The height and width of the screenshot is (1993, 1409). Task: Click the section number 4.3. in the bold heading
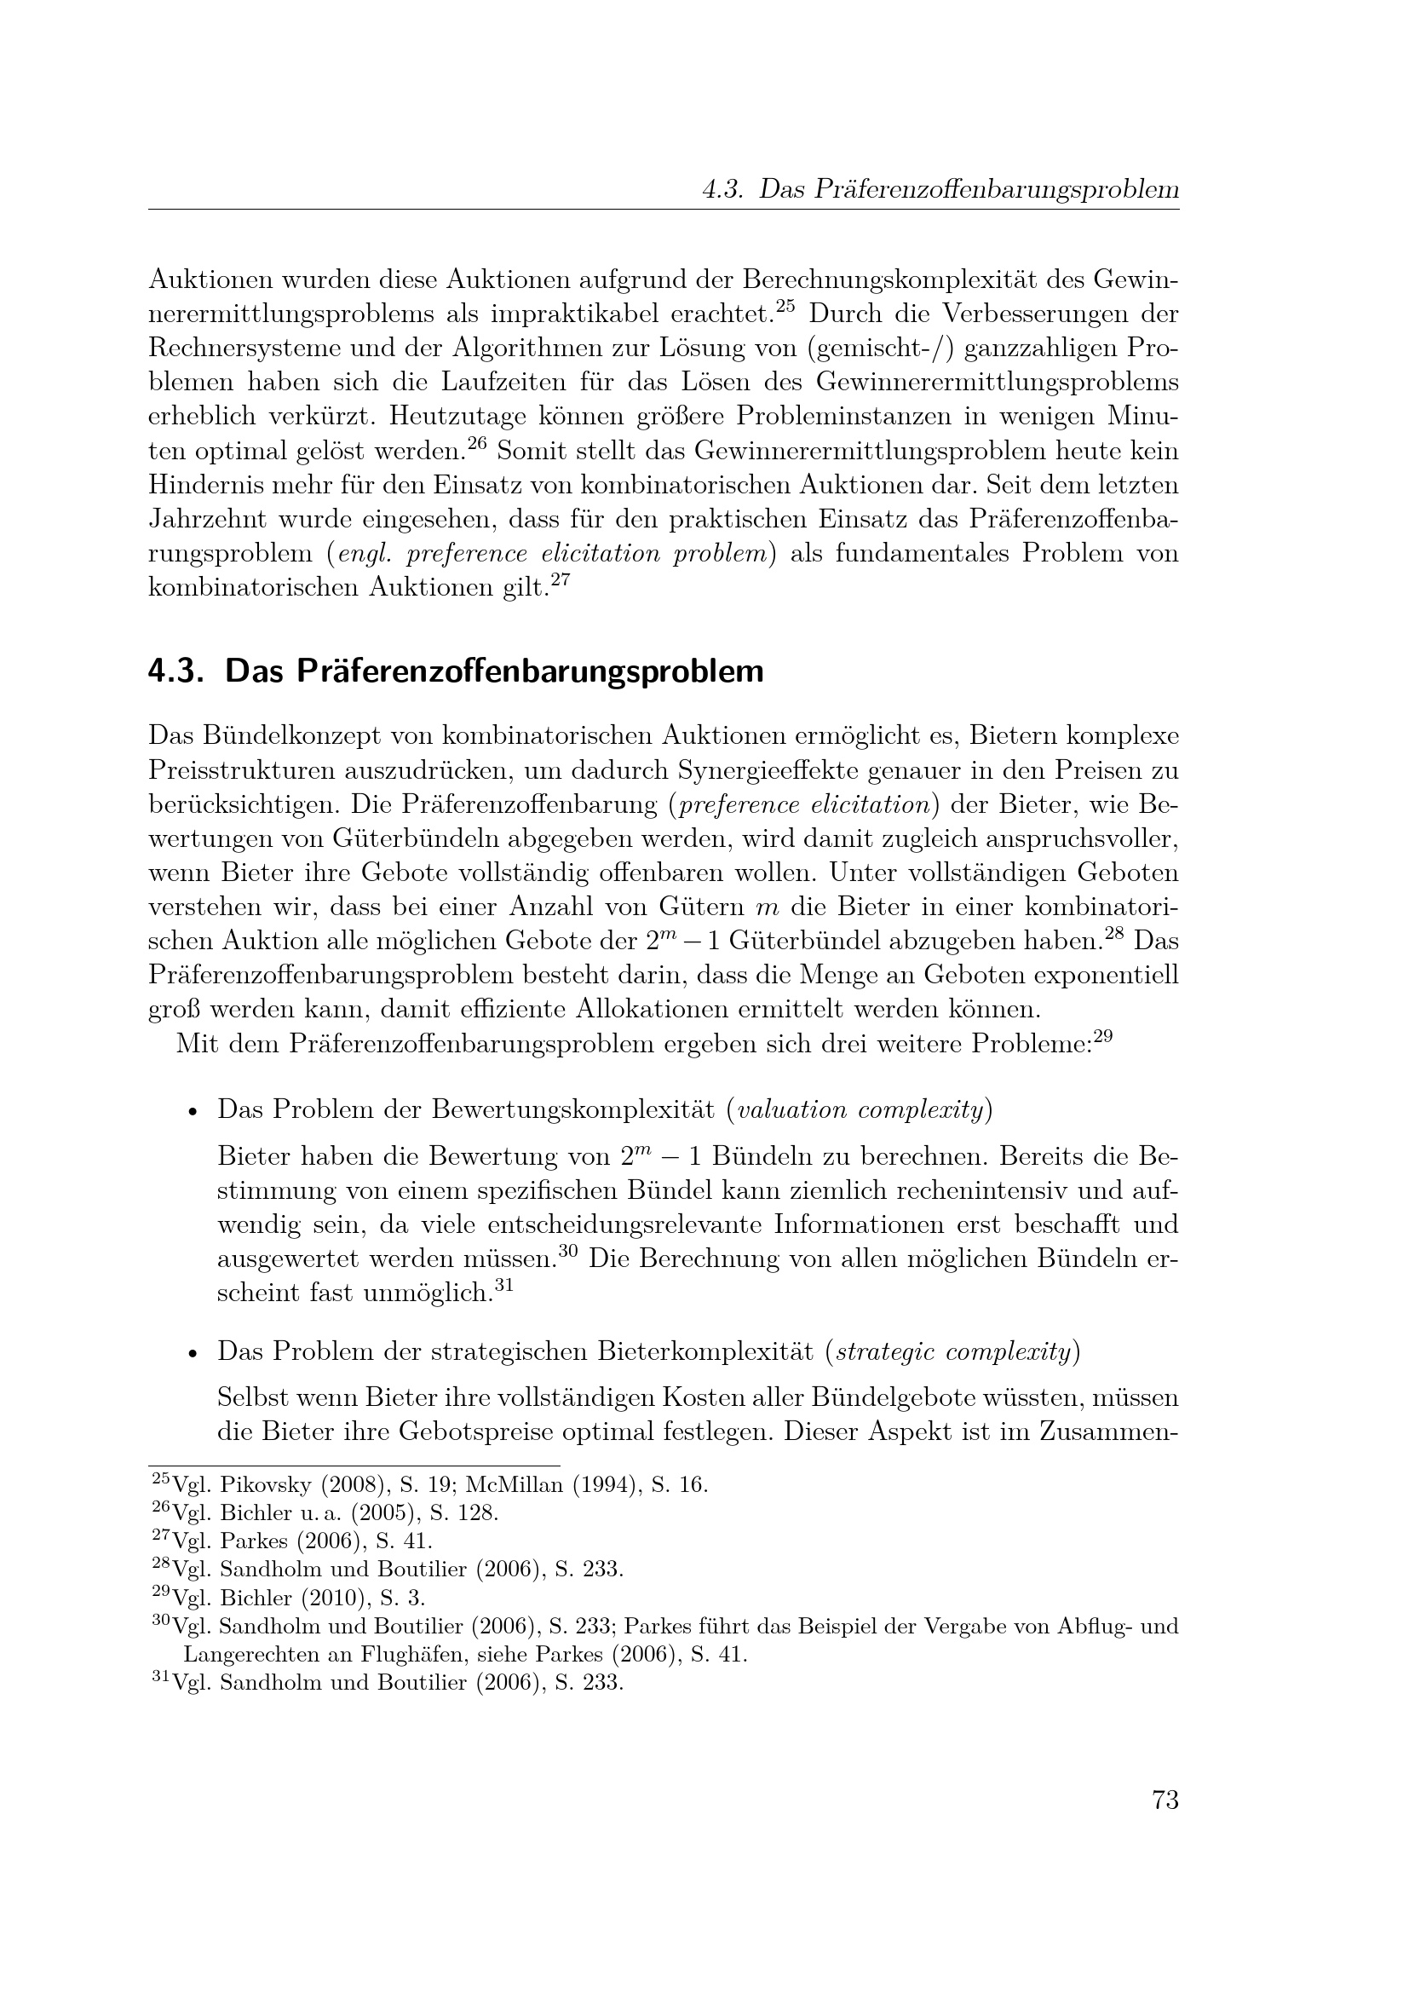pyautogui.click(x=175, y=671)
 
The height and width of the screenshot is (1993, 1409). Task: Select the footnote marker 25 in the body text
pyautogui.click(x=785, y=306)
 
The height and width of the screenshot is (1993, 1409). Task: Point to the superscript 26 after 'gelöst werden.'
pyautogui.click(x=477, y=445)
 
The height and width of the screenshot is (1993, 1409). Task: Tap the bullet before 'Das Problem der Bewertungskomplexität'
pyautogui.click(x=193, y=1112)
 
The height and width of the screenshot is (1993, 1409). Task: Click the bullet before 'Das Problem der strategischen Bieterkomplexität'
pyautogui.click(x=193, y=1353)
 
